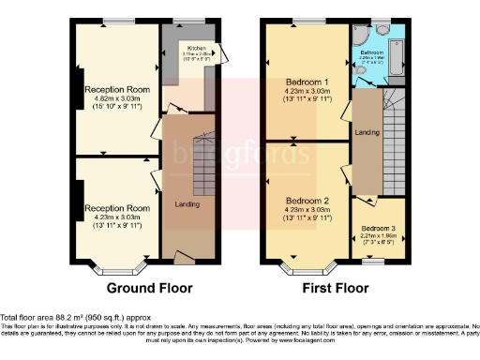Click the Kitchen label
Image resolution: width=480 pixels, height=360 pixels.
pos(197,47)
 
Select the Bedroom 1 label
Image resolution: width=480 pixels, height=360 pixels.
pos(307,83)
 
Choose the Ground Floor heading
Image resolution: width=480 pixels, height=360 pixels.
pos(150,288)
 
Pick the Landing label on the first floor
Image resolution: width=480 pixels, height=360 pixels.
pos(367,133)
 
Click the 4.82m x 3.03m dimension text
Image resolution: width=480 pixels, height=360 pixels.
pos(117,97)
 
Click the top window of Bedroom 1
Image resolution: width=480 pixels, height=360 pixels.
pos(305,21)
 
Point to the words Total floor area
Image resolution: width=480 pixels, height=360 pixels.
pos(28,317)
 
